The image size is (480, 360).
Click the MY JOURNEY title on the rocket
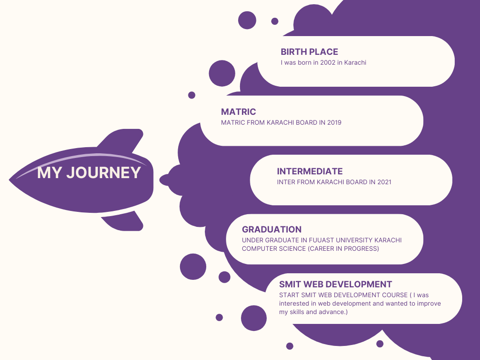pyautogui.click(x=89, y=173)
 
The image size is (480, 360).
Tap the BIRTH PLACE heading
pyautogui.click(x=309, y=52)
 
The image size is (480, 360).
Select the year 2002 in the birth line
pyautogui.click(x=328, y=62)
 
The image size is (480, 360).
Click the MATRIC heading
pyautogui.click(x=238, y=112)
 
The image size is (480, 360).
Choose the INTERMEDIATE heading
pyautogui.click(x=309, y=172)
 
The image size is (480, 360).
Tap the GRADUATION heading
pyautogui.click(x=271, y=230)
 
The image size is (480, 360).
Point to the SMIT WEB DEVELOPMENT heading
pyautogui.click(x=335, y=285)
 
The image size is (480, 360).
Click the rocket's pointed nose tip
pyautogui.click(x=11, y=179)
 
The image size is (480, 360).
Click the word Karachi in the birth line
pyautogui.click(x=355, y=62)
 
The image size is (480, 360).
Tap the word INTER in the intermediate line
pyautogui.click(x=286, y=182)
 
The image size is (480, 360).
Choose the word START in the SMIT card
pyautogui.click(x=289, y=295)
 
